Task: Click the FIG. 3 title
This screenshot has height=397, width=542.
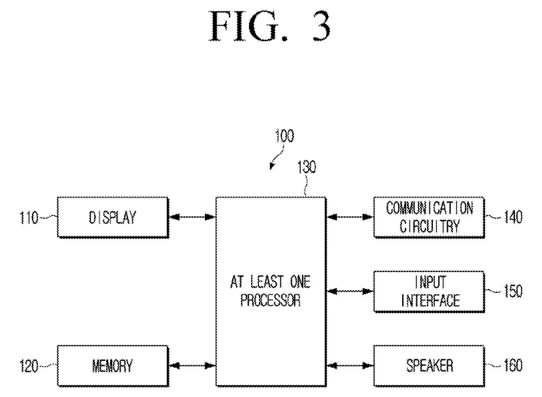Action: pyautogui.click(x=270, y=26)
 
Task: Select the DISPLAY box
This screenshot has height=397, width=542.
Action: pyautogui.click(x=113, y=217)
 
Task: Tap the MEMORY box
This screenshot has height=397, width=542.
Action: pyautogui.click(x=113, y=366)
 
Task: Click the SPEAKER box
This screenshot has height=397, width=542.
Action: pyautogui.click(x=429, y=366)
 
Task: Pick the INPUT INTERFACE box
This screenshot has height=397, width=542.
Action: pyautogui.click(x=429, y=292)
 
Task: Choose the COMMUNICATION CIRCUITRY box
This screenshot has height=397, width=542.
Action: pyautogui.click(x=429, y=217)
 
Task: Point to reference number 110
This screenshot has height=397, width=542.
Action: pyautogui.click(x=29, y=218)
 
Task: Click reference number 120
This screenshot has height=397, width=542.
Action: pyautogui.click(x=29, y=366)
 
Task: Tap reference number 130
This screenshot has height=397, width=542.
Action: pyautogui.click(x=307, y=167)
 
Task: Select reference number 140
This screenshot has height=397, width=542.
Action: pyautogui.click(x=513, y=217)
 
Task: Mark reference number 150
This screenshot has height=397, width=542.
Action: pyautogui.click(x=513, y=291)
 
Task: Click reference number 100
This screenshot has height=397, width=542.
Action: pyautogui.click(x=285, y=136)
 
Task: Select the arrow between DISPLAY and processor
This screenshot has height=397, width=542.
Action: pyautogui.click(x=192, y=217)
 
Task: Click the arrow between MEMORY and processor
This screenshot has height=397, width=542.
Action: pyautogui.click(x=192, y=366)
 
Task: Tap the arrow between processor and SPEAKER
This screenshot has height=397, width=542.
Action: pyautogui.click(x=350, y=366)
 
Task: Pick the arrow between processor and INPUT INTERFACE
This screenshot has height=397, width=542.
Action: pyautogui.click(x=350, y=291)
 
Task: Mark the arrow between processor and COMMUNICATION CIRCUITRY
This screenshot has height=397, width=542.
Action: pyautogui.click(x=350, y=217)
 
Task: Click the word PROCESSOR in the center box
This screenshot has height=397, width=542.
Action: pyautogui.click(x=270, y=301)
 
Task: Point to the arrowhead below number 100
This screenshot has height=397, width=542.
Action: pyautogui.click(x=272, y=167)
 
